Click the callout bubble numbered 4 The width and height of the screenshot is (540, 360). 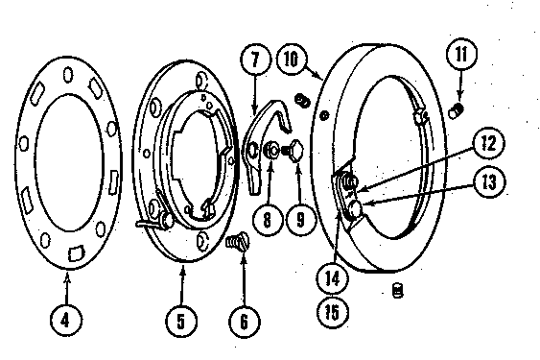(66, 321)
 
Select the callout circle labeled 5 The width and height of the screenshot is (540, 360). (181, 321)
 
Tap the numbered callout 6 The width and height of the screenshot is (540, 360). (245, 322)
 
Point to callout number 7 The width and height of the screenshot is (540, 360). (255, 60)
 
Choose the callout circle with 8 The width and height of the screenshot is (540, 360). (268, 219)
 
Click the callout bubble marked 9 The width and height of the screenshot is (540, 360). (300, 219)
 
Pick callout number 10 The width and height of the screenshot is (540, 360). (292, 59)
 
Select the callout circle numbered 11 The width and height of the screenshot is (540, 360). (461, 54)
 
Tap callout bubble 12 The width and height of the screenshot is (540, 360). (488, 143)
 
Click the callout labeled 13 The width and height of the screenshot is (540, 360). (489, 182)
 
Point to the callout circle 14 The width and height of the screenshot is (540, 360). (332, 278)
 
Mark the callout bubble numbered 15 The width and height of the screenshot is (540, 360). (332, 312)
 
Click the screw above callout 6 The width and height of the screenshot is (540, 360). (238, 241)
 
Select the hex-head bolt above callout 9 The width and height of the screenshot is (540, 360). (293, 151)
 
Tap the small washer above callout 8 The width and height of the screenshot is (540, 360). (271, 151)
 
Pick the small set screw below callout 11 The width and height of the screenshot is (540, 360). (457, 110)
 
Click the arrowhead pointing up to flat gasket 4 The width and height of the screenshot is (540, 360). (67, 276)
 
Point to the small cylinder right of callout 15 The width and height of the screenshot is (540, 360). (398, 290)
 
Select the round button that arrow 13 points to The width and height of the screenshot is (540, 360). (355, 209)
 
